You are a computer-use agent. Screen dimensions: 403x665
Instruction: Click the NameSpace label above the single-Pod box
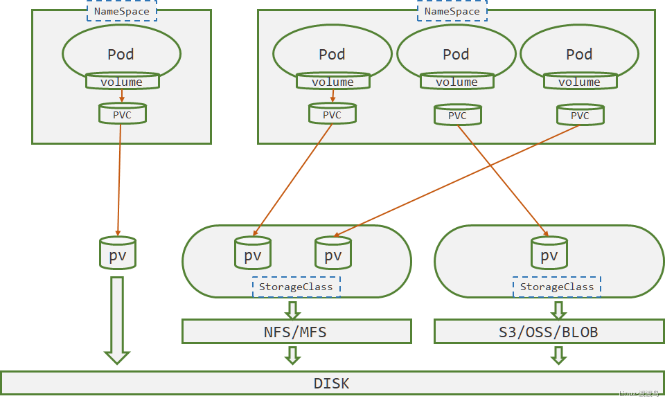122,11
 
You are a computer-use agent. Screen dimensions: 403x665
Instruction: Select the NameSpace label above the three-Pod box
452,11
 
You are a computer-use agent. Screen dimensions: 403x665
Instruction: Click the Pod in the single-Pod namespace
121,54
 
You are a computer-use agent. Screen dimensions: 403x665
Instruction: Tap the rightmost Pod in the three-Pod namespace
579,54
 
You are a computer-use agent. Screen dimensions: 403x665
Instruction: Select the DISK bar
332,383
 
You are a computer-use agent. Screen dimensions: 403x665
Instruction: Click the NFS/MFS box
296,332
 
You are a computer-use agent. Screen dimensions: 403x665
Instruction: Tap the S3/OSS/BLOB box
548,332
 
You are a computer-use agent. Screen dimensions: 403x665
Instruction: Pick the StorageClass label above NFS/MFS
296,287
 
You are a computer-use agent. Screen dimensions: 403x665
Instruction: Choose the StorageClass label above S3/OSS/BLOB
557,287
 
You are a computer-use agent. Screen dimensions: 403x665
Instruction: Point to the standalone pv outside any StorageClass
118,253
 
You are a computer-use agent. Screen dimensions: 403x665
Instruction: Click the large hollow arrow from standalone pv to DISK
117,319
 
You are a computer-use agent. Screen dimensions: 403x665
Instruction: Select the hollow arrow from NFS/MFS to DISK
293,355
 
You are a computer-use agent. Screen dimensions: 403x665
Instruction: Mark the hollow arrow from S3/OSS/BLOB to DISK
558,355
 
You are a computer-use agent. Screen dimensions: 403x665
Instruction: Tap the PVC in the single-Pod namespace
122,114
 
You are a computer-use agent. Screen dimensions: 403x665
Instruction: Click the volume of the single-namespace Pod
122,82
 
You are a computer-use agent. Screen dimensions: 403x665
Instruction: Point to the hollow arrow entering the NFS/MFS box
293,308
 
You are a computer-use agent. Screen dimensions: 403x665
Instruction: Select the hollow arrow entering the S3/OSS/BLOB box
558,308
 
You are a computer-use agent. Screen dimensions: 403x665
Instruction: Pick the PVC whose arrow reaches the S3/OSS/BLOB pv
457,115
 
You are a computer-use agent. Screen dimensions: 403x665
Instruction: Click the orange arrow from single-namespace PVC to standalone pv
119,180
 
